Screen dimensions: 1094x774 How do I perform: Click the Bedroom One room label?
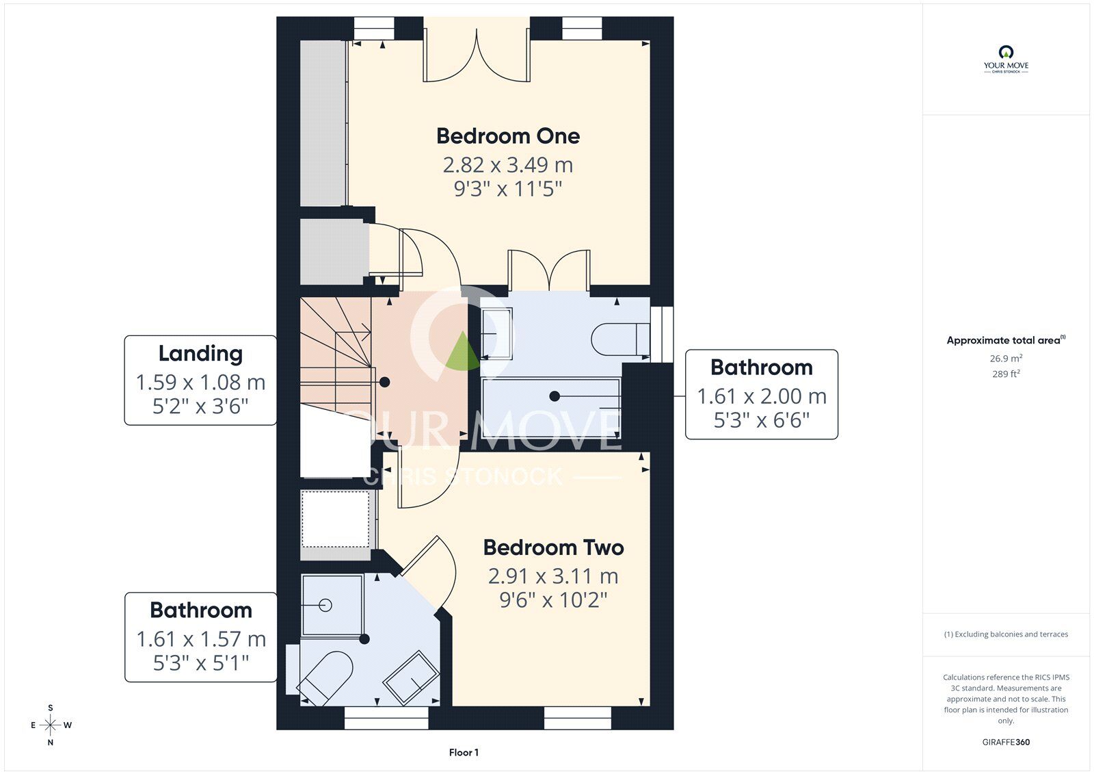pos(508,136)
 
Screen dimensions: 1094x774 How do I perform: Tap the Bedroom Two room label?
pos(553,547)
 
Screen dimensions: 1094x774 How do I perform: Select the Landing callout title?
pos(200,354)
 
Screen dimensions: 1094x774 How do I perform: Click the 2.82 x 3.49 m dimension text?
pos(508,165)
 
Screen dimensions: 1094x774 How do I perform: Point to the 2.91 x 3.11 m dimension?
pos(553,576)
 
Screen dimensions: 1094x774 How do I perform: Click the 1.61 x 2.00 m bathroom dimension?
pos(762,396)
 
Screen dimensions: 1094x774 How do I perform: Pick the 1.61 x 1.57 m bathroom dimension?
pos(201,639)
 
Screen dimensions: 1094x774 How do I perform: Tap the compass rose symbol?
pos(51,725)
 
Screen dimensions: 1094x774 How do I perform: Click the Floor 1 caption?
pos(464,753)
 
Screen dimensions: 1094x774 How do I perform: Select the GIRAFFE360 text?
pos(1006,742)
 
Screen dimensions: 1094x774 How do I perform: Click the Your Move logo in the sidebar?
pos(1006,59)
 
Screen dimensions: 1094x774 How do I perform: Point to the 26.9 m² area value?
pos(1006,359)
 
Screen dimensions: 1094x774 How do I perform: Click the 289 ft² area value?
pos(1006,374)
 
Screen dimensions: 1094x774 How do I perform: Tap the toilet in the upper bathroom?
pos(620,339)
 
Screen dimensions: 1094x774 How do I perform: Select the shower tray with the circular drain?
pos(332,606)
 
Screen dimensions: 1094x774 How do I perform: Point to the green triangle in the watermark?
pos(462,350)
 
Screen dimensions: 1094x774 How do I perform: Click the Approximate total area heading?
pos(1006,340)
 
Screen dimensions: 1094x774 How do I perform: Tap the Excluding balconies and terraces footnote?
pos(1006,634)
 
